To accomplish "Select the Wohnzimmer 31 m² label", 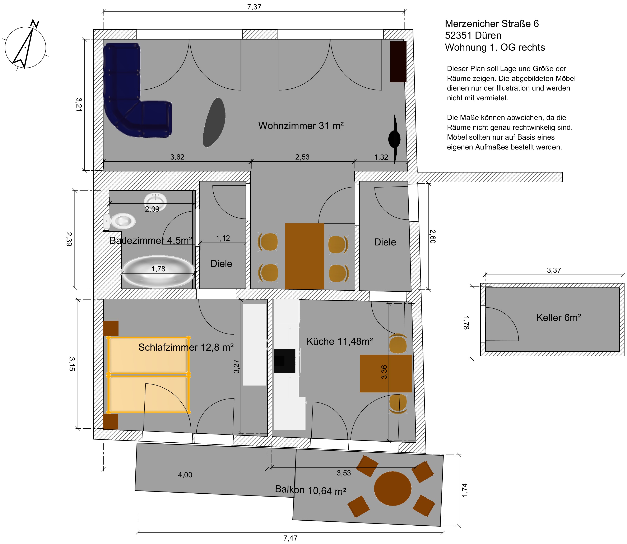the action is pyautogui.click(x=301, y=125).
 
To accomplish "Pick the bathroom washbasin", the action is pyautogui.click(x=155, y=201).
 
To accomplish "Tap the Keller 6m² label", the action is pyautogui.click(x=559, y=318).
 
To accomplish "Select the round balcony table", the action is pyautogui.click(x=393, y=488).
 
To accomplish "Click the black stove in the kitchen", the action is pyautogui.click(x=284, y=361).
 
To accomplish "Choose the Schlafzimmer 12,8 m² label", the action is pyautogui.click(x=186, y=347).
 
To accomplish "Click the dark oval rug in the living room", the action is pyautogui.click(x=214, y=122).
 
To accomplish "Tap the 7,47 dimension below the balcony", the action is pyautogui.click(x=291, y=538).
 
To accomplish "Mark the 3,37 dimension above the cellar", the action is pyautogui.click(x=554, y=270).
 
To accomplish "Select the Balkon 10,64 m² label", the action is pyautogui.click(x=310, y=490).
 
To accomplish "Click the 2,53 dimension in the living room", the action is pyautogui.click(x=302, y=157).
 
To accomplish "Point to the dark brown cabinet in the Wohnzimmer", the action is pyautogui.click(x=398, y=62).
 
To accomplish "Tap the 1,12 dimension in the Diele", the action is pyautogui.click(x=223, y=238).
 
